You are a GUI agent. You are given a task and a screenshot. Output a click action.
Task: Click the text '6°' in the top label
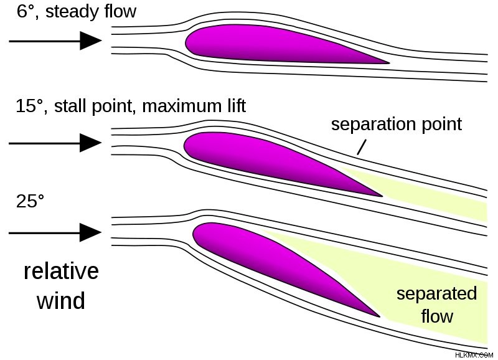pos(25,12)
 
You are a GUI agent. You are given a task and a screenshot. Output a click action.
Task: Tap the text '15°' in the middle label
pos(29,106)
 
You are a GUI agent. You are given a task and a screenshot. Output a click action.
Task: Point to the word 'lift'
pos(237,106)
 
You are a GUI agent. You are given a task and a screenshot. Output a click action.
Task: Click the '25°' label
pos(30,201)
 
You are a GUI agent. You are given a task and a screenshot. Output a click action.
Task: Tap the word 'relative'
pos(61,272)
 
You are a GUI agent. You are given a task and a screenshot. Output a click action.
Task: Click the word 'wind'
pos(61,301)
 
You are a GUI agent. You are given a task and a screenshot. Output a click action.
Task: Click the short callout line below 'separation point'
pos(362,147)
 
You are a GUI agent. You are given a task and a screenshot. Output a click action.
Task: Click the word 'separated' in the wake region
pos(437,293)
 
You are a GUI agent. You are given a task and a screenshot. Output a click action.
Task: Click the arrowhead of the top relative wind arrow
pos(90,40)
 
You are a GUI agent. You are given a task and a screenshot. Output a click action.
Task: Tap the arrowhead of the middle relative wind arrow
pos(90,143)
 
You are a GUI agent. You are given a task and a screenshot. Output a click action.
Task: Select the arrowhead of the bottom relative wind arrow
pos(90,232)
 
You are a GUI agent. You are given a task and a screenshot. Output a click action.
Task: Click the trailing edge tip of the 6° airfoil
pos(388,63)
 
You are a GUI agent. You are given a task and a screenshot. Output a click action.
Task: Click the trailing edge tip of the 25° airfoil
pos(379,316)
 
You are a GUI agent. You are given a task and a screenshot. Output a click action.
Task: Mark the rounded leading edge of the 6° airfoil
pos(186,43)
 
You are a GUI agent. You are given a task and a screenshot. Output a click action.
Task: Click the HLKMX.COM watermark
pos(474,355)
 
